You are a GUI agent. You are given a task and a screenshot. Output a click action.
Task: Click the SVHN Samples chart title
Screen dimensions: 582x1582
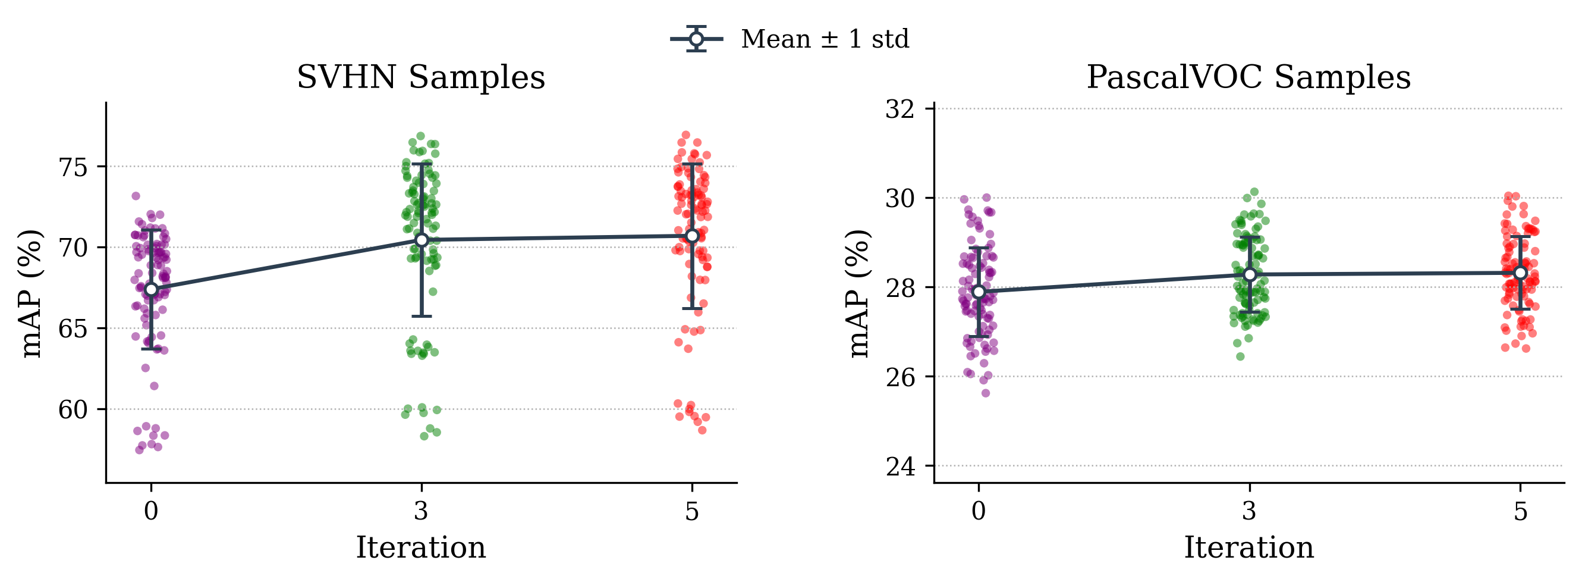point(421,78)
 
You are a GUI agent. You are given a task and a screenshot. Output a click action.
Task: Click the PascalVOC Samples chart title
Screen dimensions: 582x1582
point(1248,78)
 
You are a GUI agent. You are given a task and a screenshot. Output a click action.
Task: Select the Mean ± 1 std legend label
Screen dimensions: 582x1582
point(824,39)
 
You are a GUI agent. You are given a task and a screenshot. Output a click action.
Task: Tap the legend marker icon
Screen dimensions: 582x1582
point(696,39)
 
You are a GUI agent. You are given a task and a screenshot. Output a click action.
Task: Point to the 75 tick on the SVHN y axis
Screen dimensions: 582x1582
point(73,167)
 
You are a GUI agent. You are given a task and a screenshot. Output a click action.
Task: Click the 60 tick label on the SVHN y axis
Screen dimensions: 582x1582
point(73,410)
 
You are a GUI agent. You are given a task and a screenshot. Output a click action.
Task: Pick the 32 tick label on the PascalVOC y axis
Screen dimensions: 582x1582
point(899,109)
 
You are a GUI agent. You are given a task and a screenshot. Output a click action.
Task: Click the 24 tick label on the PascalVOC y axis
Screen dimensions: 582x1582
point(899,467)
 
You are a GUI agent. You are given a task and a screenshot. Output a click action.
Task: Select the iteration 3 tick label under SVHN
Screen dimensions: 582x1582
point(422,511)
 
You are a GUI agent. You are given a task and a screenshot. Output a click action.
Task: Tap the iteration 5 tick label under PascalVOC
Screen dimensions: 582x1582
point(1520,511)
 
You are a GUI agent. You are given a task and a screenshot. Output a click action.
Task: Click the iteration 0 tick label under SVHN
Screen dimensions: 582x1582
point(151,511)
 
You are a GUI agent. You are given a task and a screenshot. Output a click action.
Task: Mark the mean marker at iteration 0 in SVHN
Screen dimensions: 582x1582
point(151,289)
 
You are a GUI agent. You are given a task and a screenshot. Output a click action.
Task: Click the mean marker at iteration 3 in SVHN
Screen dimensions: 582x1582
point(422,240)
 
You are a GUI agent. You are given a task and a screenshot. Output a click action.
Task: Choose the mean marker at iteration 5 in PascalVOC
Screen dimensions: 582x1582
point(1520,273)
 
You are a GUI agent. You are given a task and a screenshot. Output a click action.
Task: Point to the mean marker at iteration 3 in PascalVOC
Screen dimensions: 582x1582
point(1250,275)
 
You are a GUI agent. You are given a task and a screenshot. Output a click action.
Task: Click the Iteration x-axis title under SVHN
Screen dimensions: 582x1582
point(421,547)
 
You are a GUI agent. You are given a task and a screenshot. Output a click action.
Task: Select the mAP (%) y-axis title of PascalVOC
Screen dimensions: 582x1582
point(858,293)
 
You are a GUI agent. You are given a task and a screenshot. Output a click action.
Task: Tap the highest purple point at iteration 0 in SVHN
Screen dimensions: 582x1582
point(136,196)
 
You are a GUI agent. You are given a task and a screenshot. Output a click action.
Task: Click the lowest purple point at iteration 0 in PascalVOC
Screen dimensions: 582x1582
point(986,393)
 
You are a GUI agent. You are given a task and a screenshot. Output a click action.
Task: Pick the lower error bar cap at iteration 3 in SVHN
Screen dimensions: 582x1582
point(422,316)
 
